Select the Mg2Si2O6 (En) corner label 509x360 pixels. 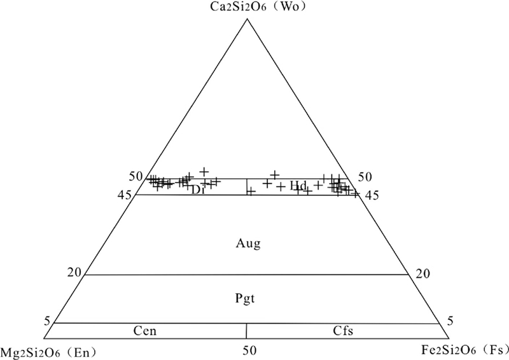(x=43, y=350)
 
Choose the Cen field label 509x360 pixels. (x=145, y=331)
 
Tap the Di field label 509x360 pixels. (x=197, y=190)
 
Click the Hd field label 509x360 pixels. (x=298, y=186)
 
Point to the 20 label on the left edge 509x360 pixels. (x=75, y=273)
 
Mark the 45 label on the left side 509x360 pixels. (x=125, y=196)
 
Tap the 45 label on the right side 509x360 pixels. (x=372, y=196)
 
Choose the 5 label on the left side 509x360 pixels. (x=46, y=320)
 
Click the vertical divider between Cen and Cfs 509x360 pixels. (x=246, y=330)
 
